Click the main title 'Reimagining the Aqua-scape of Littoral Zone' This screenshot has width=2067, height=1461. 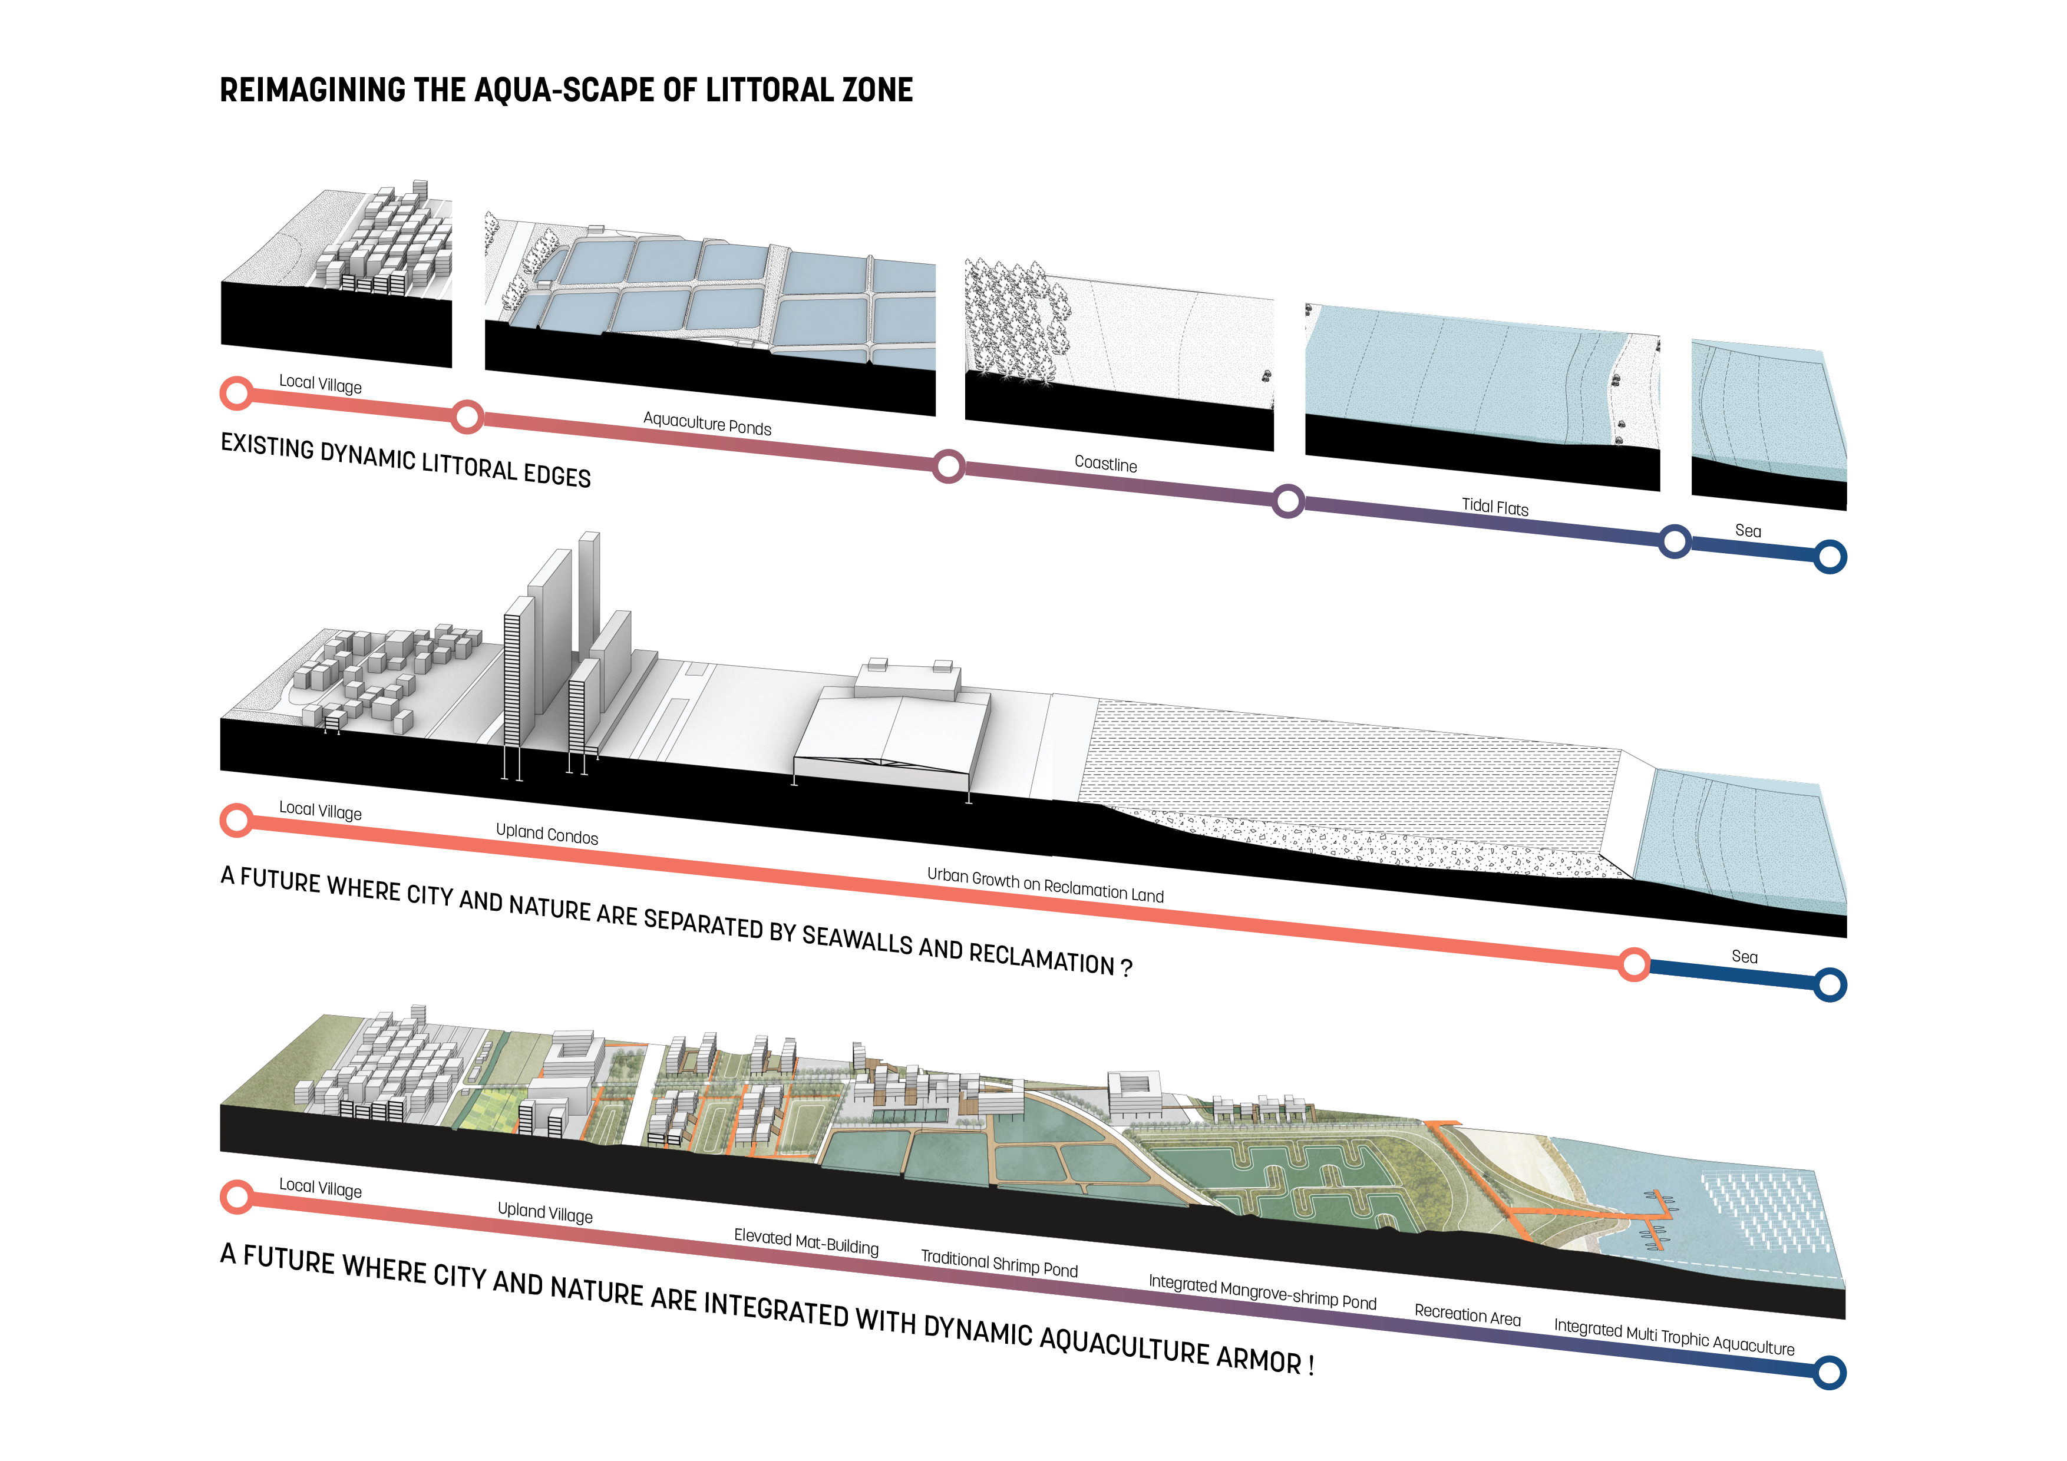click(x=566, y=90)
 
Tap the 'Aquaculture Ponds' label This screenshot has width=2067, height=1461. click(x=708, y=423)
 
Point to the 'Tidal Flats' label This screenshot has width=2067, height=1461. click(x=1495, y=507)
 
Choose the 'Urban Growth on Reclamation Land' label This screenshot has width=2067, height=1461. click(x=1045, y=885)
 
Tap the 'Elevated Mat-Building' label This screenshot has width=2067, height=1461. click(x=807, y=1241)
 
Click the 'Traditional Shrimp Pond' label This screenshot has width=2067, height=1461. click(x=999, y=1263)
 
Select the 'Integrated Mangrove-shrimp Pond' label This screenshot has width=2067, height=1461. click(x=1262, y=1292)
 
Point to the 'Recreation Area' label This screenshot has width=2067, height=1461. click(x=1467, y=1314)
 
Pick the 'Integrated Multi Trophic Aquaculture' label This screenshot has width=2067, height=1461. click(x=1675, y=1337)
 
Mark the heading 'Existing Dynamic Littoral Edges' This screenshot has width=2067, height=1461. click(x=406, y=460)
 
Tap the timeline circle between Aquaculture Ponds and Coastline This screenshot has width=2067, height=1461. click(x=948, y=467)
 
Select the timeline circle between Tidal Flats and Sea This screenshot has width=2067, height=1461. click(x=1675, y=542)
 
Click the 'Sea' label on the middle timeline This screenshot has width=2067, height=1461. click(x=1745, y=957)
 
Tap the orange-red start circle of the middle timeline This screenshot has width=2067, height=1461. click(x=237, y=820)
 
